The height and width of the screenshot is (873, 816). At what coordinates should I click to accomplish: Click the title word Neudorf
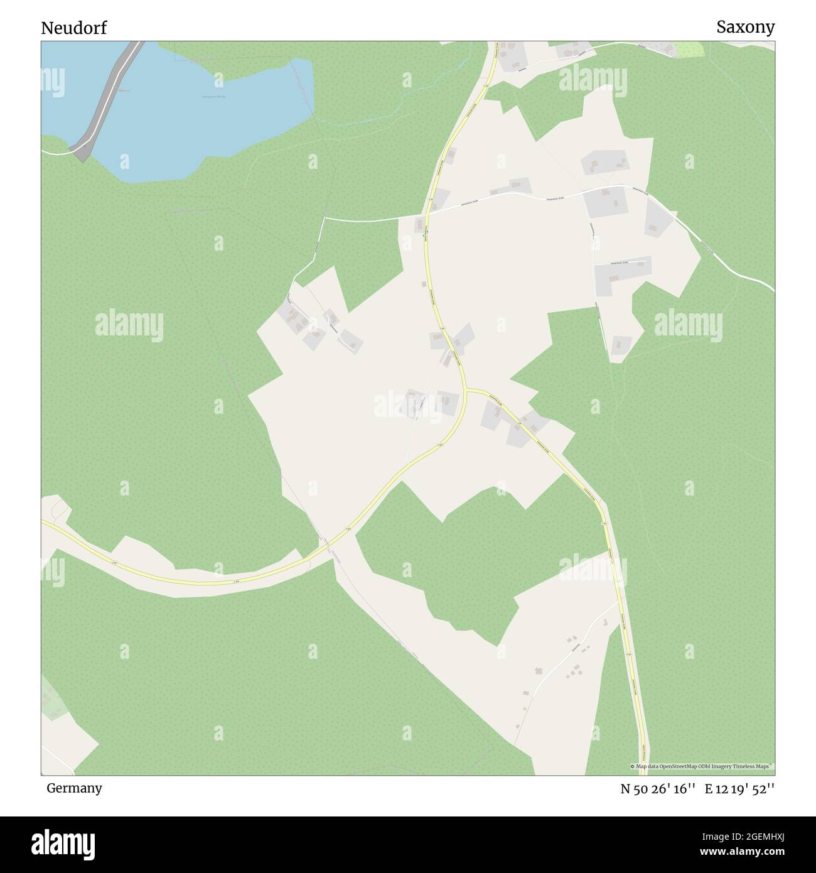pyautogui.click(x=74, y=28)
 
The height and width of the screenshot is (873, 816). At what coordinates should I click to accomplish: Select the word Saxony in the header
pyautogui.click(x=746, y=27)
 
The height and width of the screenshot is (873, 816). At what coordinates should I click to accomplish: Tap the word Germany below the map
pyautogui.click(x=74, y=788)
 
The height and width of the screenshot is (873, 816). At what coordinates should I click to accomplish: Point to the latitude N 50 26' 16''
pyautogui.click(x=658, y=789)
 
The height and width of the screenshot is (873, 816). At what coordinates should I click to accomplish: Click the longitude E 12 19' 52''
pyautogui.click(x=739, y=789)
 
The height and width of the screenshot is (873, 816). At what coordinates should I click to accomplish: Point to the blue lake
pyautogui.click(x=207, y=113)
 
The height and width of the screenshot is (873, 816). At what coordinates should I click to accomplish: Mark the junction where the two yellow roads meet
pyautogui.click(x=468, y=391)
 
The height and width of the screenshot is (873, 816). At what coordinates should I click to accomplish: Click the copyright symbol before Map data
pyautogui.click(x=633, y=766)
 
